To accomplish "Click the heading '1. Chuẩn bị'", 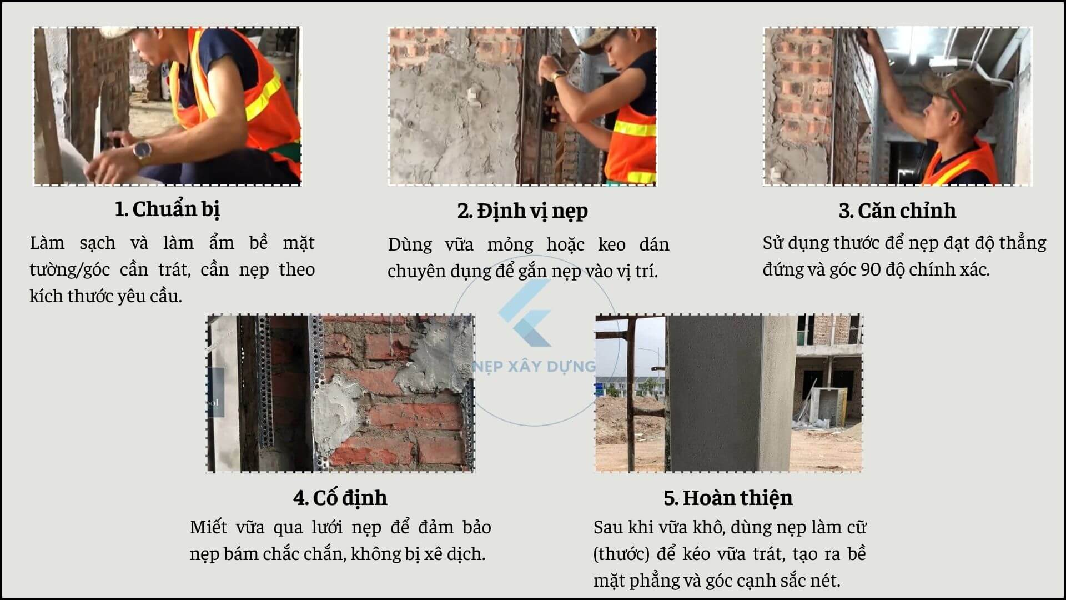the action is (167, 209).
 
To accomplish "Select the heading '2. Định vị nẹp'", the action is (522, 211).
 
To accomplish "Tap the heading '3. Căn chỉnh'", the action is (897, 211).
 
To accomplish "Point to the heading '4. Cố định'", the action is (340, 498).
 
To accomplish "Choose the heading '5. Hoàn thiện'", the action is (728, 498).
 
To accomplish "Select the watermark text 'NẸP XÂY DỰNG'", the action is (534, 367).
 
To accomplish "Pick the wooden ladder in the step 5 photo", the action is (632, 394).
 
